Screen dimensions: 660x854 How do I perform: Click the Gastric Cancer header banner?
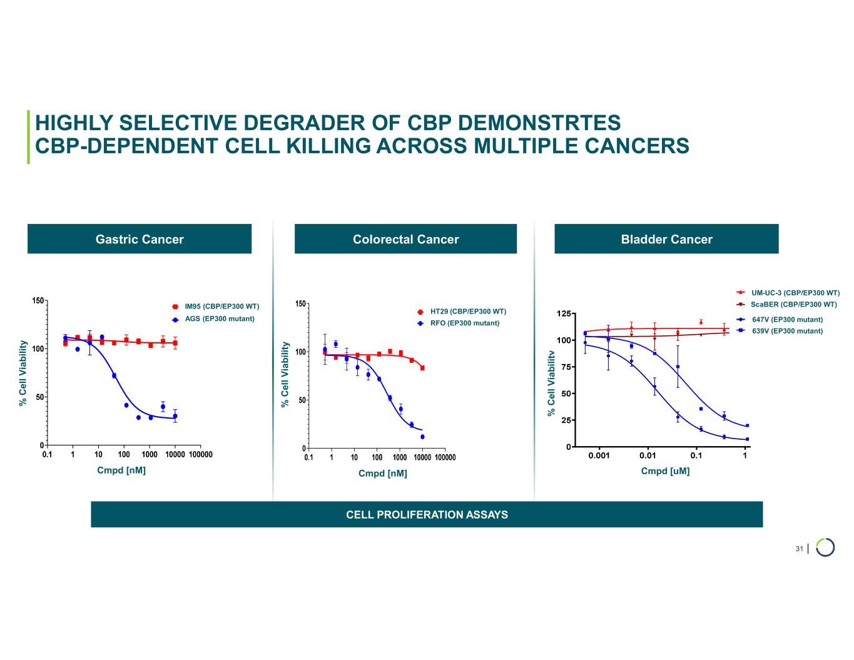140,239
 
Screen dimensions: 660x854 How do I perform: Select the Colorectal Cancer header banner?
405,239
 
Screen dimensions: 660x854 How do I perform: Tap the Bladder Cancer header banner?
666,239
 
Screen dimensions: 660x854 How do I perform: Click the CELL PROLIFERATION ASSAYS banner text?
427,515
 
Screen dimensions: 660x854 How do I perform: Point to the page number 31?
799,549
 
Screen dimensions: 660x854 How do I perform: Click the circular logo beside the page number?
825,547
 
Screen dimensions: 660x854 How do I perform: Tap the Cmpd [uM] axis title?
665,471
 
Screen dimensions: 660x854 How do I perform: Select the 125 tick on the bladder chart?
564,313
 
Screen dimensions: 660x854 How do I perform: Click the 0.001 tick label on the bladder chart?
599,456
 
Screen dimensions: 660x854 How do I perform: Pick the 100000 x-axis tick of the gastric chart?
200,455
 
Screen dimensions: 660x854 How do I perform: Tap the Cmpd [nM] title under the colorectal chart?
382,474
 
